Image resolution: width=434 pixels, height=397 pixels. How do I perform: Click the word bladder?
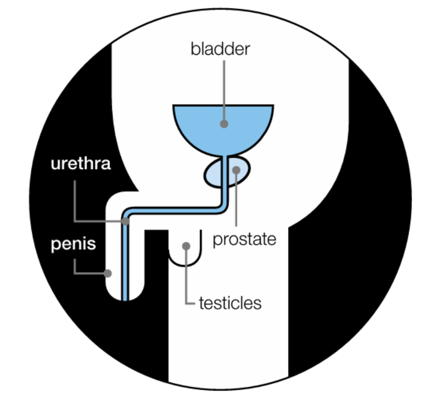pos(220,49)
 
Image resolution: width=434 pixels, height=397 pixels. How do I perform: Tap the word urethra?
pos(80,164)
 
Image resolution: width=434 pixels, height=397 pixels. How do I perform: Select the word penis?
pos(73,244)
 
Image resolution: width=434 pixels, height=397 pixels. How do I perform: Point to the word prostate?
pos(244,239)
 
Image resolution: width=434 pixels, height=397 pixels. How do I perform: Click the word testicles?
pos(230,303)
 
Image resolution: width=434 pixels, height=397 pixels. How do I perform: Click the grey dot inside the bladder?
pos(224,124)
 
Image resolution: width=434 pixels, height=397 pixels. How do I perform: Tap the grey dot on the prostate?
pos(237,170)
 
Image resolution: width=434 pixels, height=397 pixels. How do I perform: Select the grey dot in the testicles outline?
pos(186,246)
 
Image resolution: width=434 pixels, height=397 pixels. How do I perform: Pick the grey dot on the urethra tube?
pos(125,221)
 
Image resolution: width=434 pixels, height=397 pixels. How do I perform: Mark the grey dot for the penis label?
pos(108,273)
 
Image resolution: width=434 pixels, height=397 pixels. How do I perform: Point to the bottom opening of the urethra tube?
pos(125,299)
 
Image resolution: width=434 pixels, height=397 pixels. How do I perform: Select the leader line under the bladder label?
pos(224,88)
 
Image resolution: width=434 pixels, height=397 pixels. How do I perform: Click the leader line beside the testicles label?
pos(186,283)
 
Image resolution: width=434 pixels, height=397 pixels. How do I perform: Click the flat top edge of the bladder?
pos(223,105)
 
